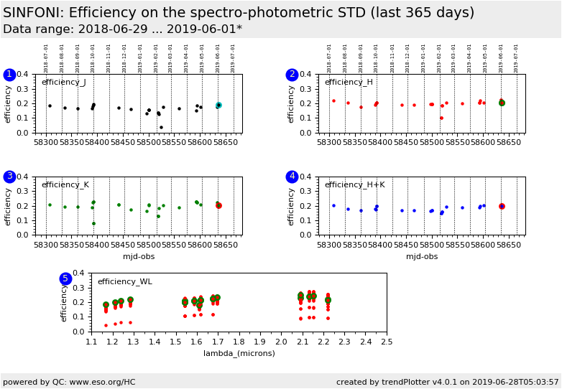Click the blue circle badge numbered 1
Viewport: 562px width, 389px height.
click(x=9, y=75)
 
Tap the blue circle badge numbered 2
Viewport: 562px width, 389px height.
click(x=292, y=75)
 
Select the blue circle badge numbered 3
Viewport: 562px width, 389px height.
click(x=9, y=177)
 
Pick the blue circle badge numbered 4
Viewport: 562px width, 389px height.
click(x=292, y=177)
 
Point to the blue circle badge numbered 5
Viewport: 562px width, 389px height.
click(x=65, y=278)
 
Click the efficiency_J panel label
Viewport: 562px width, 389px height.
click(x=63, y=83)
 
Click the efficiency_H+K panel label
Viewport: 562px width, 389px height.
click(x=354, y=185)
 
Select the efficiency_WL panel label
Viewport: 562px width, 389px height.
click(x=124, y=282)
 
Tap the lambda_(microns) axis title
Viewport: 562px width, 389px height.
click(x=239, y=353)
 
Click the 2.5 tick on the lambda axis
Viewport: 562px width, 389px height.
click(x=387, y=342)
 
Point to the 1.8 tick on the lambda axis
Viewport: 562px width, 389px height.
click(x=239, y=342)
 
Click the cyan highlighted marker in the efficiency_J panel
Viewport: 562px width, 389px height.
click(x=218, y=105)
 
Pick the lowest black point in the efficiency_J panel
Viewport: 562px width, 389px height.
click(x=161, y=127)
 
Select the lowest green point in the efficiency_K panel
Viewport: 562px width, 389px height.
click(x=93, y=223)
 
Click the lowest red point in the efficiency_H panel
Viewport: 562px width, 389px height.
click(x=441, y=118)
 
